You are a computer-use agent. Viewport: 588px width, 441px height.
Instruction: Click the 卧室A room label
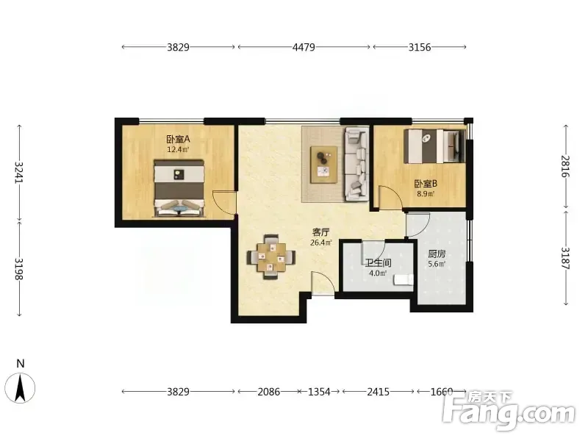pyautogui.click(x=179, y=140)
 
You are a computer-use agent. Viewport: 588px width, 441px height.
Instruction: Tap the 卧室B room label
pyautogui.click(x=426, y=184)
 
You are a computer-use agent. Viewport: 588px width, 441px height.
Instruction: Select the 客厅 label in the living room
pyautogui.click(x=320, y=232)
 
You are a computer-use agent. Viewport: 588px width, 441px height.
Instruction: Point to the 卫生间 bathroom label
pyautogui.click(x=378, y=262)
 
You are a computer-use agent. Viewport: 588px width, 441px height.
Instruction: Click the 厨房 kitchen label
pyautogui.click(x=437, y=254)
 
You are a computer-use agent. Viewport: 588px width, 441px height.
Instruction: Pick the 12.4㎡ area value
pyautogui.click(x=178, y=150)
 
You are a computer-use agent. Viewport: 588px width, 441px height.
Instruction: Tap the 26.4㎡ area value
pyautogui.click(x=321, y=243)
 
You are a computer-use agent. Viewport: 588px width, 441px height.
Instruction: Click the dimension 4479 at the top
pyautogui.click(x=304, y=47)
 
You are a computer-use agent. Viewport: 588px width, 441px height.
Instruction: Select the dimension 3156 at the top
pyautogui.click(x=420, y=47)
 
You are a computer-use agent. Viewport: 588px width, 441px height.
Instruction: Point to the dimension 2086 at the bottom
pyautogui.click(x=269, y=392)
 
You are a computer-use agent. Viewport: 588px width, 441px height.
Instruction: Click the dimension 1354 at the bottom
pyautogui.click(x=319, y=392)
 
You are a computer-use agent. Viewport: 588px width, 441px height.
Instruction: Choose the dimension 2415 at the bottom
pyautogui.click(x=378, y=392)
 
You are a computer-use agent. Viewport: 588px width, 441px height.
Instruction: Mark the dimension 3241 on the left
pyautogui.click(x=19, y=172)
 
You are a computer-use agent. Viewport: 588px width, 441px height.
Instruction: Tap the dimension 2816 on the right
pyautogui.click(x=565, y=166)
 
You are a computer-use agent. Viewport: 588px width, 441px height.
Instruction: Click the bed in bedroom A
pyautogui.click(x=179, y=188)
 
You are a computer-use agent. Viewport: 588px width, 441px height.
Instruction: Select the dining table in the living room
pyautogui.click(x=270, y=257)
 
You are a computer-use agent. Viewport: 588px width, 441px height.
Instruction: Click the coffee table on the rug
pyautogui.click(x=323, y=165)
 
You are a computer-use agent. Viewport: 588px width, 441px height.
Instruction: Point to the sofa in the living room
pyautogui.click(x=356, y=163)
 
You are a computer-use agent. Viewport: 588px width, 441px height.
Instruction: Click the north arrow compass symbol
pyautogui.click(x=21, y=388)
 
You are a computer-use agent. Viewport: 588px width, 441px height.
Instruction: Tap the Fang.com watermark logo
pyautogui.click(x=508, y=411)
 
